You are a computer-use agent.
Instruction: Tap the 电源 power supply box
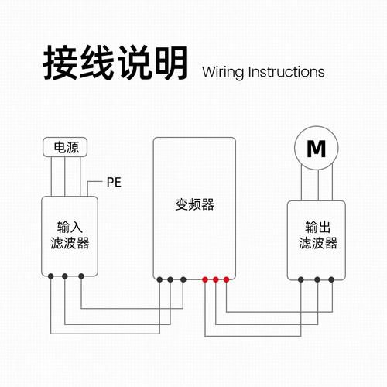pos(65,146)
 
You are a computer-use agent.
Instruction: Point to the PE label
pos(114,183)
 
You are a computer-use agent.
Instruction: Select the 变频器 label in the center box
pos(193,206)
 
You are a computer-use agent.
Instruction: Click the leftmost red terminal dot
pos(204,279)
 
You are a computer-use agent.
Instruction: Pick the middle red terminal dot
pos(215,279)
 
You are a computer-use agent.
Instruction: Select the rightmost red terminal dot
pos(226,279)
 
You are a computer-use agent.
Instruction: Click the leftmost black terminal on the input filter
pos(50,276)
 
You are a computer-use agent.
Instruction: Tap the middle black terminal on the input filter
pos(65,276)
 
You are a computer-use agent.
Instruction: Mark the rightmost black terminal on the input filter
pos(80,276)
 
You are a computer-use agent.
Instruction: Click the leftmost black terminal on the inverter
pos(158,279)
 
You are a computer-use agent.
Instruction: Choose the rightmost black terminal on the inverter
pos(183,279)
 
